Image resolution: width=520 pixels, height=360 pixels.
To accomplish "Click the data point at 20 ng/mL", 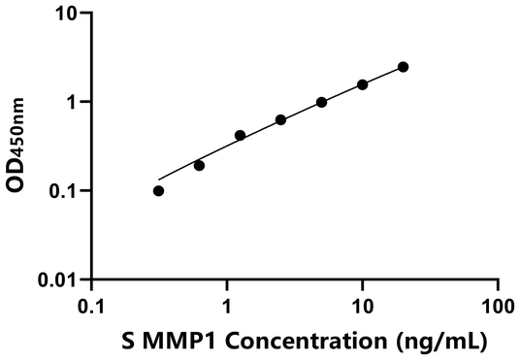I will [x=404, y=67].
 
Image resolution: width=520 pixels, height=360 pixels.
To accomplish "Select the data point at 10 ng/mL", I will [x=363, y=84].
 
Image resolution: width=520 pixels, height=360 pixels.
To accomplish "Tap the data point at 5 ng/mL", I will [x=321, y=102].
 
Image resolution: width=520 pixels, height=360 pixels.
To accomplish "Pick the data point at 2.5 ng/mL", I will [x=280, y=120].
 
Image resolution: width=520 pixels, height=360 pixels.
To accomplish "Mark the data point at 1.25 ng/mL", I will [x=240, y=135].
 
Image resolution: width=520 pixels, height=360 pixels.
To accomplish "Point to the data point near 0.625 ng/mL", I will [x=199, y=165].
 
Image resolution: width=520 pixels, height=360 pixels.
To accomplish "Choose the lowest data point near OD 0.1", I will [x=158, y=190].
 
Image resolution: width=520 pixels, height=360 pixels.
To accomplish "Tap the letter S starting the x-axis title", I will [x=130, y=341].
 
